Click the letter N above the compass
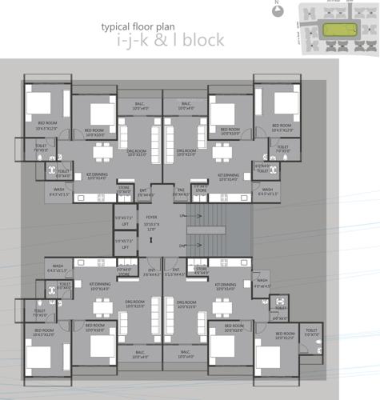[275, 3]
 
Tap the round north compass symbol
[275, 12]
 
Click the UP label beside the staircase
[182, 216]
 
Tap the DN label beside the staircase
[182, 246]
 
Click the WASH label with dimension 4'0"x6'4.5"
[261, 282]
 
